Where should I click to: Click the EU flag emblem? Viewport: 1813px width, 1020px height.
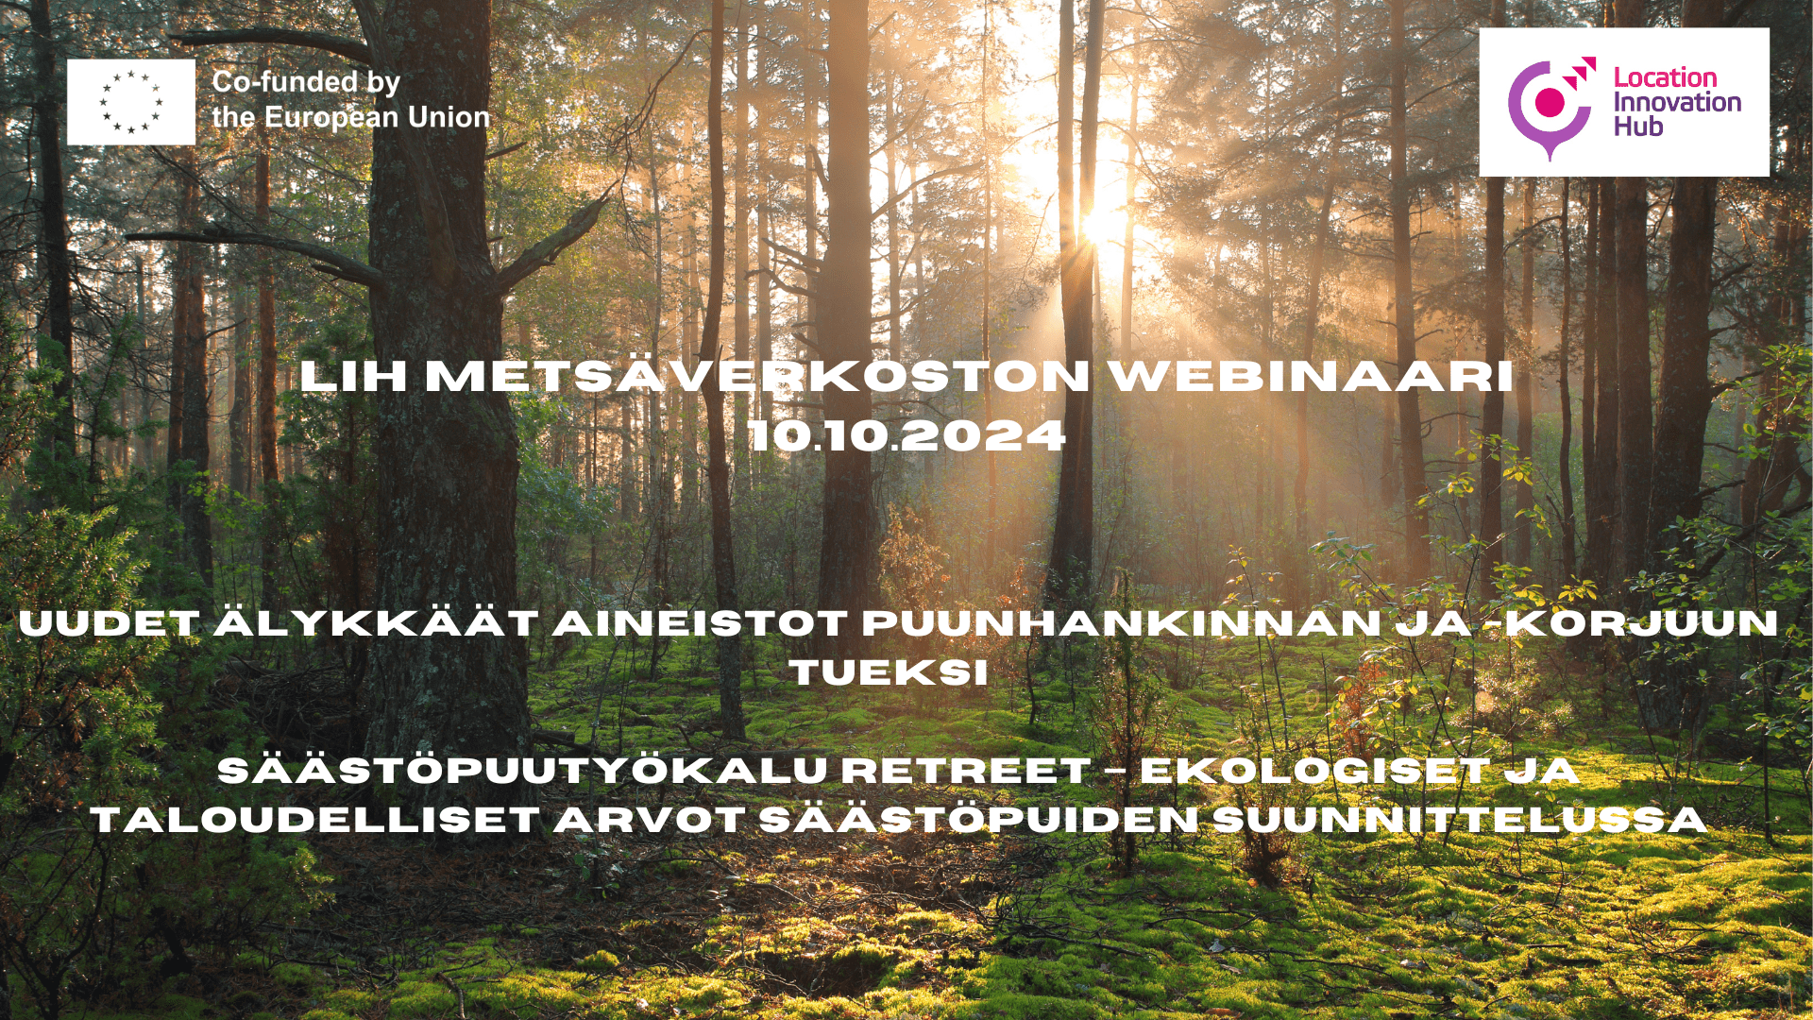130,102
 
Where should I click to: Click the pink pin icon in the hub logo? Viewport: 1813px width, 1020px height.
1550,107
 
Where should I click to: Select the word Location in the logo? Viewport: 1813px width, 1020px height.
1665,77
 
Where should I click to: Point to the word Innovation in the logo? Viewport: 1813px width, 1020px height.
1677,102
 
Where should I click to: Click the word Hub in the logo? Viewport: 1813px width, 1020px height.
1637,127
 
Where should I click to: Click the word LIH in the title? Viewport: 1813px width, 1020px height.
353,377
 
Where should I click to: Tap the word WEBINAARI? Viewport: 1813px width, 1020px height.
1311,377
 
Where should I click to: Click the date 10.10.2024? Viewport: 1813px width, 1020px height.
906,436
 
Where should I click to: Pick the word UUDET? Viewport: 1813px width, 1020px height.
109,623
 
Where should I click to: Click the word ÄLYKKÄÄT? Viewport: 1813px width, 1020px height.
375,623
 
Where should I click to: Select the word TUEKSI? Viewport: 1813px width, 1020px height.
889,673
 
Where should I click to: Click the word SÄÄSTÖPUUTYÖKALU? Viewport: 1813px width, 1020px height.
522,771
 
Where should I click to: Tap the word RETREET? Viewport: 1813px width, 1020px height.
965,771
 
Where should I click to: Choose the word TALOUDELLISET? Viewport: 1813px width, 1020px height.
315,820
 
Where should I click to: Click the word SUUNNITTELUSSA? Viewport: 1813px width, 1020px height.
1460,820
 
